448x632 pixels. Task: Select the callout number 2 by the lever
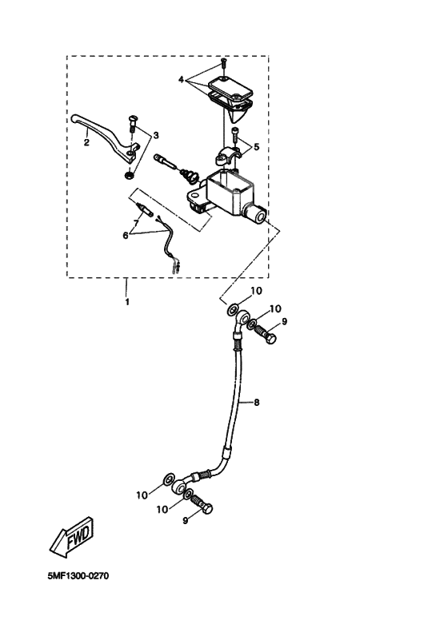tap(86, 144)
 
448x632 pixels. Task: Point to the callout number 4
tap(182, 80)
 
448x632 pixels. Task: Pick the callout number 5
tap(256, 146)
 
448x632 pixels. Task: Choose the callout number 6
tap(126, 235)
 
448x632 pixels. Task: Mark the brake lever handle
tap(100, 131)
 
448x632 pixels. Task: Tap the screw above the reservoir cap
tap(225, 64)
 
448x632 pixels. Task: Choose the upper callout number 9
tap(284, 321)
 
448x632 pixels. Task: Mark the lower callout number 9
tap(185, 520)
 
